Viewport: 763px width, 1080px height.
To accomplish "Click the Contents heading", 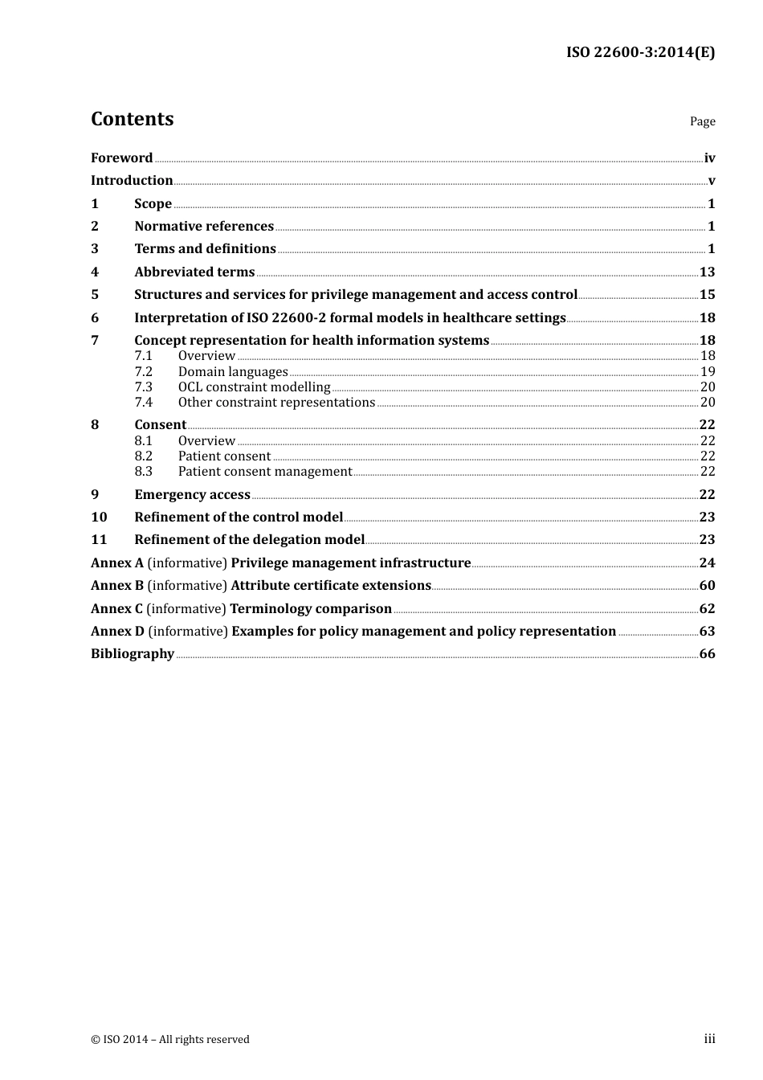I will [132, 119].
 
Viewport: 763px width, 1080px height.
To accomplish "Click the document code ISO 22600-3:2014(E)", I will [640, 52].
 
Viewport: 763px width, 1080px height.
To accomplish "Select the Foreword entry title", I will [121, 158].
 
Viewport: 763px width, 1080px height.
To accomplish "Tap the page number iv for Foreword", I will [709, 158].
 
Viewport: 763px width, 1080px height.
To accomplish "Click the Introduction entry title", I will [132, 181].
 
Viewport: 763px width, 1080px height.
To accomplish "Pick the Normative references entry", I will [204, 227].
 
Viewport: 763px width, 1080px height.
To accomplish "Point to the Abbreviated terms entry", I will [194, 272].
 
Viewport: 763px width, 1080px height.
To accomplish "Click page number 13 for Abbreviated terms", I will [707, 272].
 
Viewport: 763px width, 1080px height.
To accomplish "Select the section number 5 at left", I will [95, 295].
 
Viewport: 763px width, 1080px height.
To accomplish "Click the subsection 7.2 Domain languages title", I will [233, 372].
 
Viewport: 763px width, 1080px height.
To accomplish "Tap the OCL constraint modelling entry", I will [254, 387].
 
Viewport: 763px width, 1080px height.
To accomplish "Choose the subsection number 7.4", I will [143, 403].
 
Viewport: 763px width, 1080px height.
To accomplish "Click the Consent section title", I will [160, 425].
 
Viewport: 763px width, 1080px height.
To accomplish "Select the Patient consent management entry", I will [265, 472].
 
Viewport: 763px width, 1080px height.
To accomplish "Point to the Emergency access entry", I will [192, 495].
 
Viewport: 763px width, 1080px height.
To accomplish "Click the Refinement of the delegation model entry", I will [249, 540].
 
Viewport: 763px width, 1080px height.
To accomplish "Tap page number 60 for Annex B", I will [707, 586].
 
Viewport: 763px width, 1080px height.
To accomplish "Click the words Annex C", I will [116, 609].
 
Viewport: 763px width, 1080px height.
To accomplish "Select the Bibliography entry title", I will [133, 654].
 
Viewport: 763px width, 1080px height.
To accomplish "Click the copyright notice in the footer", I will [170, 1040].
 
